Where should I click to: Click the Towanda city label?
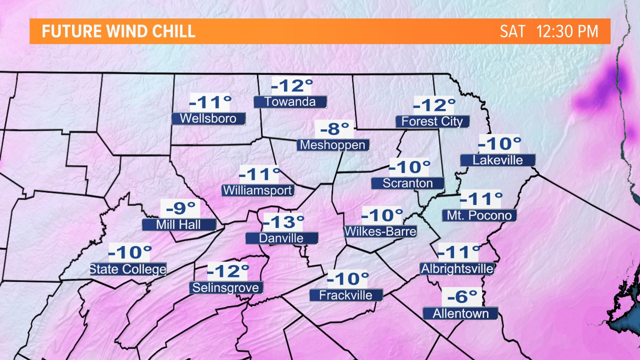290,102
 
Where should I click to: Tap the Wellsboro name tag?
208,119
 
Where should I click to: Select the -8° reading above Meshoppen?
334,129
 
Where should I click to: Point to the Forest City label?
432,122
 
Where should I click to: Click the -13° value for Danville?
283,222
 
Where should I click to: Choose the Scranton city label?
408,183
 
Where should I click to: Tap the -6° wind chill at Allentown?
462,297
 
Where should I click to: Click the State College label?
128,269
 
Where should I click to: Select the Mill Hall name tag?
179,225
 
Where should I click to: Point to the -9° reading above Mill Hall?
180,208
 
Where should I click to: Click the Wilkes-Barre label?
380,232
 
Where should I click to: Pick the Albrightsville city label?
457,269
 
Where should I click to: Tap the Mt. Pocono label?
479,216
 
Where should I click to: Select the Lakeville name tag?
498,160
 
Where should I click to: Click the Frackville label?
346,295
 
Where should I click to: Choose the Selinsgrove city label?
226,288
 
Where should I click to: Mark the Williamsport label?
258,190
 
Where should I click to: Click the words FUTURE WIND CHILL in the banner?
118,32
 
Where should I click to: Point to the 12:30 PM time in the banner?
567,32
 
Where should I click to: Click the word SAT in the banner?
512,32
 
